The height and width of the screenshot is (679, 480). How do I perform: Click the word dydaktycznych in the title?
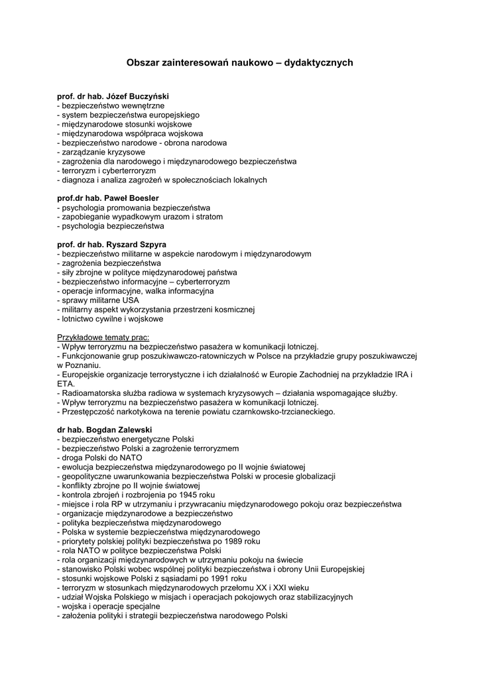[x=318, y=63]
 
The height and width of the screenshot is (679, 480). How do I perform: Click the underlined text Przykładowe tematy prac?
[x=103, y=337]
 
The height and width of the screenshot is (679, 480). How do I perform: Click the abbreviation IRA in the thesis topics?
[x=400, y=375]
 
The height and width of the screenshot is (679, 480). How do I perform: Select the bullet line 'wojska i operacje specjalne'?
[x=109, y=606]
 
